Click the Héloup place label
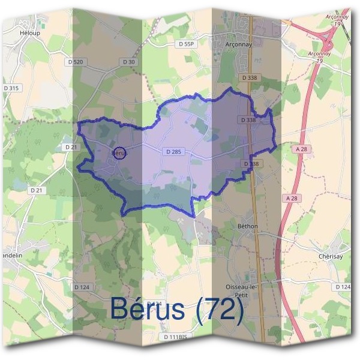pos(29,33)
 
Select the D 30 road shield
pos(129,62)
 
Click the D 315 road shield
pos(11,88)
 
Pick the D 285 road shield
pos(172,152)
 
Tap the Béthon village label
pos(247,226)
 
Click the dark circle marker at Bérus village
pos(120,154)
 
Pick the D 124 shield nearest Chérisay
pos(343,287)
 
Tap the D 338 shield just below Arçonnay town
pos(249,78)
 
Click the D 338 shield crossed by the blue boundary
pos(248,120)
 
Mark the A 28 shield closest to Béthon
pos(292,198)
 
